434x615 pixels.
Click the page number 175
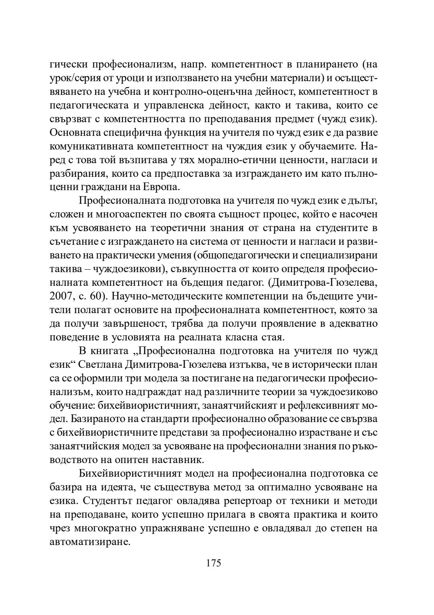pyautogui.click(x=214, y=563)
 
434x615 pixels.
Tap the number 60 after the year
pyautogui.click(x=96, y=296)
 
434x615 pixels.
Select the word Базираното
pyautogui.click(x=90, y=419)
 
